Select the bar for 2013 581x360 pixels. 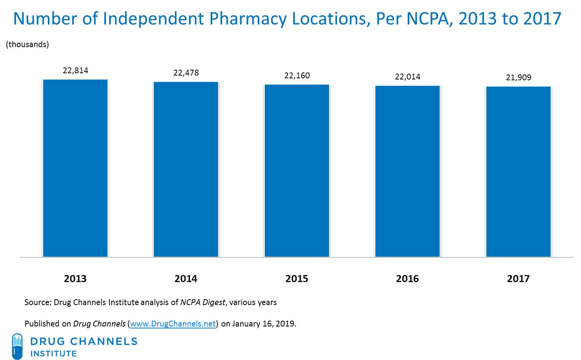click(x=75, y=168)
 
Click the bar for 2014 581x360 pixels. click(x=186, y=169)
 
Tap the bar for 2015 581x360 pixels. click(x=297, y=171)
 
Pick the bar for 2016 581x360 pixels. click(x=407, y=171)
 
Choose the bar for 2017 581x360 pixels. click(x=518, y=172)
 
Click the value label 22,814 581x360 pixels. click(x=75, y=71)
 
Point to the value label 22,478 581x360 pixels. click(x=186, y=73)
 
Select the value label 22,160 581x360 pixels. click(x=297, y=76)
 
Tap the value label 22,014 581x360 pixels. click(x=407, y=77)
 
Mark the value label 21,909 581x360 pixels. click(x=518, y=78)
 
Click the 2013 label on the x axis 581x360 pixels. click(x=75, y=279)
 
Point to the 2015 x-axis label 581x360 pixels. click(x=297, y=279)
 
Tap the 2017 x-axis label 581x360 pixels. click(x=518, y=279)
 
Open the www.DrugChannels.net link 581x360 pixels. click(x=173, y=324)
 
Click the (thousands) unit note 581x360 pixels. click(x=27, y=44)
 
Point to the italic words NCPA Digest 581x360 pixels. click(x=202, y=302)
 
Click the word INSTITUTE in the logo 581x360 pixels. click(x=53, y=354)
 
